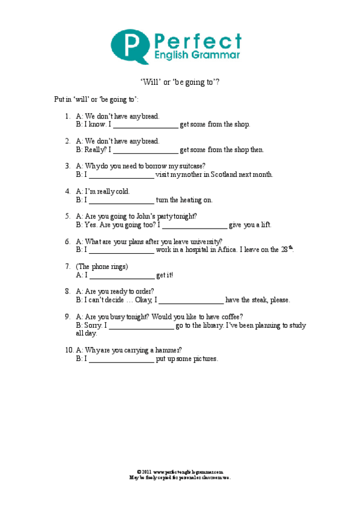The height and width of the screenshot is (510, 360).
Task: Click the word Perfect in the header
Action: click(x=198, y=41)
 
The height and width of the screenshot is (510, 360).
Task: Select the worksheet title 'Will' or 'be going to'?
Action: click(x=180, y=83)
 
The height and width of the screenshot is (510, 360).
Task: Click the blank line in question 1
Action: click(x=146, y=125)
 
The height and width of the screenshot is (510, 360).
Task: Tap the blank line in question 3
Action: click(x=122, y=175)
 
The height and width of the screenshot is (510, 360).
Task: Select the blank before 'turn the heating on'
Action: click(x=122, y=200)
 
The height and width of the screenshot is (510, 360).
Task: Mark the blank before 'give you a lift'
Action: click(x=195, y=225)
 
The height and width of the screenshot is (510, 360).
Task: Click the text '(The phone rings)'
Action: click(x=102, y=266)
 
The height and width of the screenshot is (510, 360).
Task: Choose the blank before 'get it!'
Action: click(x=122, y=275)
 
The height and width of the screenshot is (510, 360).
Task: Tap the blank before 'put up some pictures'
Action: click(x=122, y=359)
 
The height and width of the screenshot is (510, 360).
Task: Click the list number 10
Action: click(x=69, y=350)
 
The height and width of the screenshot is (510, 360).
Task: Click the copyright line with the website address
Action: click(x=180, y=472)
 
